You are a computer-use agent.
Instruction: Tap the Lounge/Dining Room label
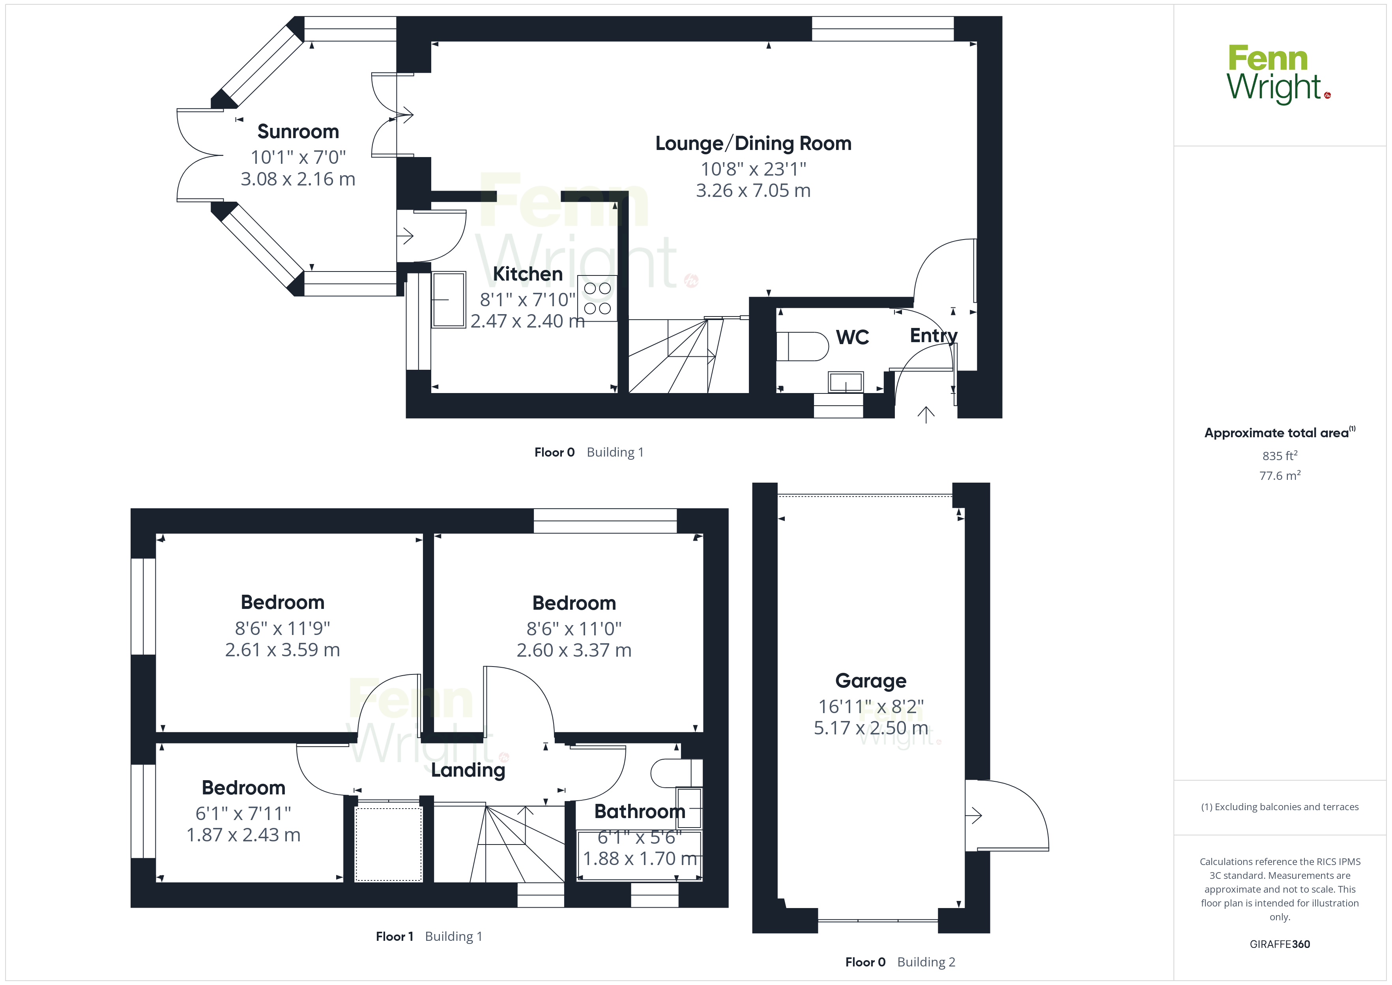coord(753,143)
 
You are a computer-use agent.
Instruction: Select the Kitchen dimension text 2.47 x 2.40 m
coord(528,321)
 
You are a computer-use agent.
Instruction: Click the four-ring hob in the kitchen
coord(597,298)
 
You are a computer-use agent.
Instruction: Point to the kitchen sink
coord(449,300)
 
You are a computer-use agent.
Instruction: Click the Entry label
coord(934,335)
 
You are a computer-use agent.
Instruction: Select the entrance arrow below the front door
coord(926,414)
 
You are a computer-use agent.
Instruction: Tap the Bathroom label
coord(640,811)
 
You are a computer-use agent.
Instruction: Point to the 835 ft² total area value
coord(1280,455)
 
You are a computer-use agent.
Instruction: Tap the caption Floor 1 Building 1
coord(429,936)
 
